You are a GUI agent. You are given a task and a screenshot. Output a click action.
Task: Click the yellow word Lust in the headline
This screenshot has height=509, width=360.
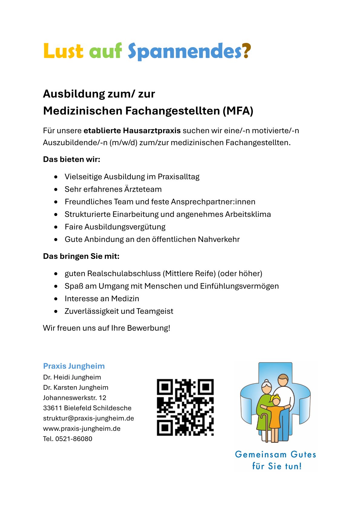(x=63, y=51)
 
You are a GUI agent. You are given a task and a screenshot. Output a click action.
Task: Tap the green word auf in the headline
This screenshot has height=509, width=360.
(x=105, y=51)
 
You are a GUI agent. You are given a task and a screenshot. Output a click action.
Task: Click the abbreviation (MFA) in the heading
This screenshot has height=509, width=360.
(x=238, y=111)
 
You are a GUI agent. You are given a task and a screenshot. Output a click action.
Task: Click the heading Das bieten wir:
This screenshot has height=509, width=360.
(x=71, y=159)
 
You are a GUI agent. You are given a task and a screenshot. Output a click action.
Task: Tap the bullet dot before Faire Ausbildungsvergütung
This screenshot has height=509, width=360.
(x=56, y=227)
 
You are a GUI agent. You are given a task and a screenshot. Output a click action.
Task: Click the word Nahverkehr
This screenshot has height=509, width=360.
(x=219, y=240)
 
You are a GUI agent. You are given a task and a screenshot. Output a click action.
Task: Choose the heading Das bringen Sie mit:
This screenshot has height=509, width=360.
(x=81, y=256)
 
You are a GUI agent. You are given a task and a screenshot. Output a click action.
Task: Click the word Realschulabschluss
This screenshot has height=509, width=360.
(x=124, y=274)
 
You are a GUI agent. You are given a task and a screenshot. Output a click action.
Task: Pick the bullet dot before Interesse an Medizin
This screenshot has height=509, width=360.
(x=56, y=299)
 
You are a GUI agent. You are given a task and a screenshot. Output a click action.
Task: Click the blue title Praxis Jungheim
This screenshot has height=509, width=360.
(x=74, y=366)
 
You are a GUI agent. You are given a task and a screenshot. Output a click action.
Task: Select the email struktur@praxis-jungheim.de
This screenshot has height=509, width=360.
(x=88, y=418)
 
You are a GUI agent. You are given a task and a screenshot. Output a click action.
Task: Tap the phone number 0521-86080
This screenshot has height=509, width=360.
(x=74, y=439)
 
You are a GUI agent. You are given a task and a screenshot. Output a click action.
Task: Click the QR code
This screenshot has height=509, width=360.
(x=185, y=407)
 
